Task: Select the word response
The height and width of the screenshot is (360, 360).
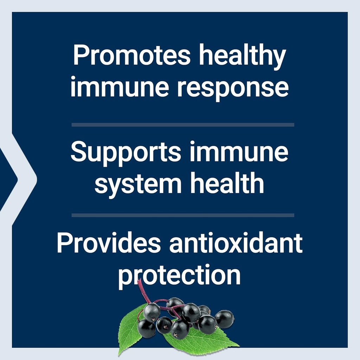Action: pos(233,89)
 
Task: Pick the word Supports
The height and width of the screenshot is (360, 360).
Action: pos(126,153)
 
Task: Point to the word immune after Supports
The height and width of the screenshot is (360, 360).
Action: pos(239,151)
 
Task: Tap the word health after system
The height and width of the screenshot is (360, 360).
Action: pos(227,182)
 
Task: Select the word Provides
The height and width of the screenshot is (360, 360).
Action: pos(109,243)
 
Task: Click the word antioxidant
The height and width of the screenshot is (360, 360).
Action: pos(236,243)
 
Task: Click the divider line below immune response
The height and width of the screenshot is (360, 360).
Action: pos(183,125)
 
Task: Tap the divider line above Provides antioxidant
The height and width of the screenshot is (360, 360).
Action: pos(183,215)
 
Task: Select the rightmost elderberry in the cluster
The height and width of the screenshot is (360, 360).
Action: pos(224,319)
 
